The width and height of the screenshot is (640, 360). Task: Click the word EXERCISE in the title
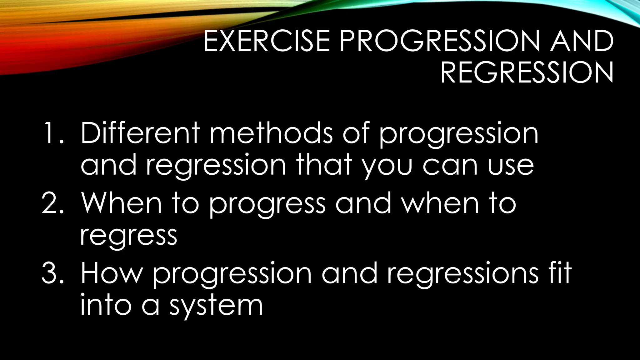tap(267, 41)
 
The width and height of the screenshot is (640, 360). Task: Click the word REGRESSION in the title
tap(527, 73)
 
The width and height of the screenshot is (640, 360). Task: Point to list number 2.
tap(52, 204)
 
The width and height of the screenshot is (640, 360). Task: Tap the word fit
tap(559, 272)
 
